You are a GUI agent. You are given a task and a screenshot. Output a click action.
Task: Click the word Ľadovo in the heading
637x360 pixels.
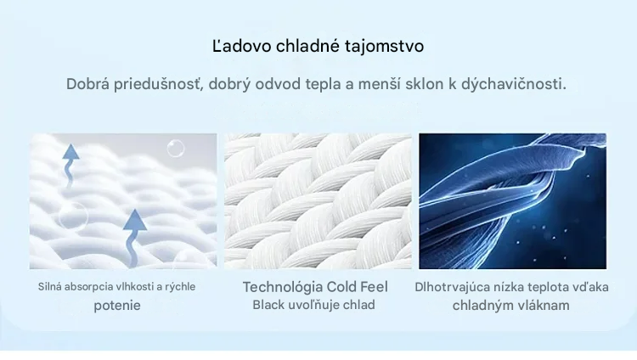click(242, 46)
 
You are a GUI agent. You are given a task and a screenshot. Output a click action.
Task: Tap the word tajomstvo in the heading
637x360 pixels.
click(384, 46)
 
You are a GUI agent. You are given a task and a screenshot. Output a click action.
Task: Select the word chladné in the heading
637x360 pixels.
click(308, 46)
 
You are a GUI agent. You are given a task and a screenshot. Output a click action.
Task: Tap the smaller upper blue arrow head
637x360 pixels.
click(71, 152)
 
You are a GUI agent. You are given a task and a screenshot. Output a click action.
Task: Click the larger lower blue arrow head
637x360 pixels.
click(135, 222)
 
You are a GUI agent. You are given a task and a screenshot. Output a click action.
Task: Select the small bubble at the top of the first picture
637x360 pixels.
click(176, 149)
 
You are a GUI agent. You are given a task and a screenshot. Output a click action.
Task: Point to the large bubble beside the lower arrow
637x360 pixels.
click(73, 216)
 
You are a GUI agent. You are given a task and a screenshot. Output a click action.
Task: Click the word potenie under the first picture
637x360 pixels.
click(117, 306)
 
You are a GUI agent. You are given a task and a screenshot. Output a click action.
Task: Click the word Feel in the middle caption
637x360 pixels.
click(374, 287)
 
